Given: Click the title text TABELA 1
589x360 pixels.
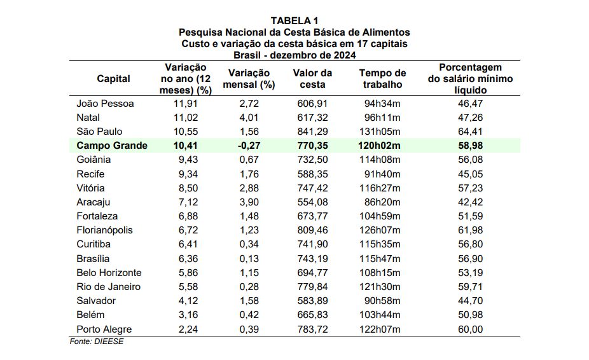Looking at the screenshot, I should (x=294, y=21).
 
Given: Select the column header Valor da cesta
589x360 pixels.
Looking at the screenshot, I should (x=312, y=79).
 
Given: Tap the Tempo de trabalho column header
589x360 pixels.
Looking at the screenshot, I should (x=382, y=79).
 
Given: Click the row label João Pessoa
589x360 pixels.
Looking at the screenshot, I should (x=105, y=104).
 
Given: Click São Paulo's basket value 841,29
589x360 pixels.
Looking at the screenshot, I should (x=312, y=132).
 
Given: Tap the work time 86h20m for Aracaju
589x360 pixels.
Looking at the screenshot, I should (x=382, y=202).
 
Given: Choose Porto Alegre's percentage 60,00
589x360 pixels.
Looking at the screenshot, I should (x=471, y=329).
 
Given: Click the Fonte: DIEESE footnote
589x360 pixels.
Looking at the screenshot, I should (x=97, y=342).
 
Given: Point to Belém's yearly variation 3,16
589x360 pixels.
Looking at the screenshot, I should (x=186, y=315).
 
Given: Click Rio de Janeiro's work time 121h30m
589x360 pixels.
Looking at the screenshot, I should (x=382, y=287).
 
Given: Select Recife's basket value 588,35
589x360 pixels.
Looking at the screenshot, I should (x=312, y=174).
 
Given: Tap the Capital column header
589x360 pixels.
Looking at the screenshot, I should (x=113, y=79).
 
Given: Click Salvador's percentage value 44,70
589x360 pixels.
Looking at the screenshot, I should (x=471, y=301).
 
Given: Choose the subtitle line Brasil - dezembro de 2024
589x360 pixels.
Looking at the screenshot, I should (x=294, y=55).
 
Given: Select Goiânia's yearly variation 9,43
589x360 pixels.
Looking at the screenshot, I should (x=186, y=160).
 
